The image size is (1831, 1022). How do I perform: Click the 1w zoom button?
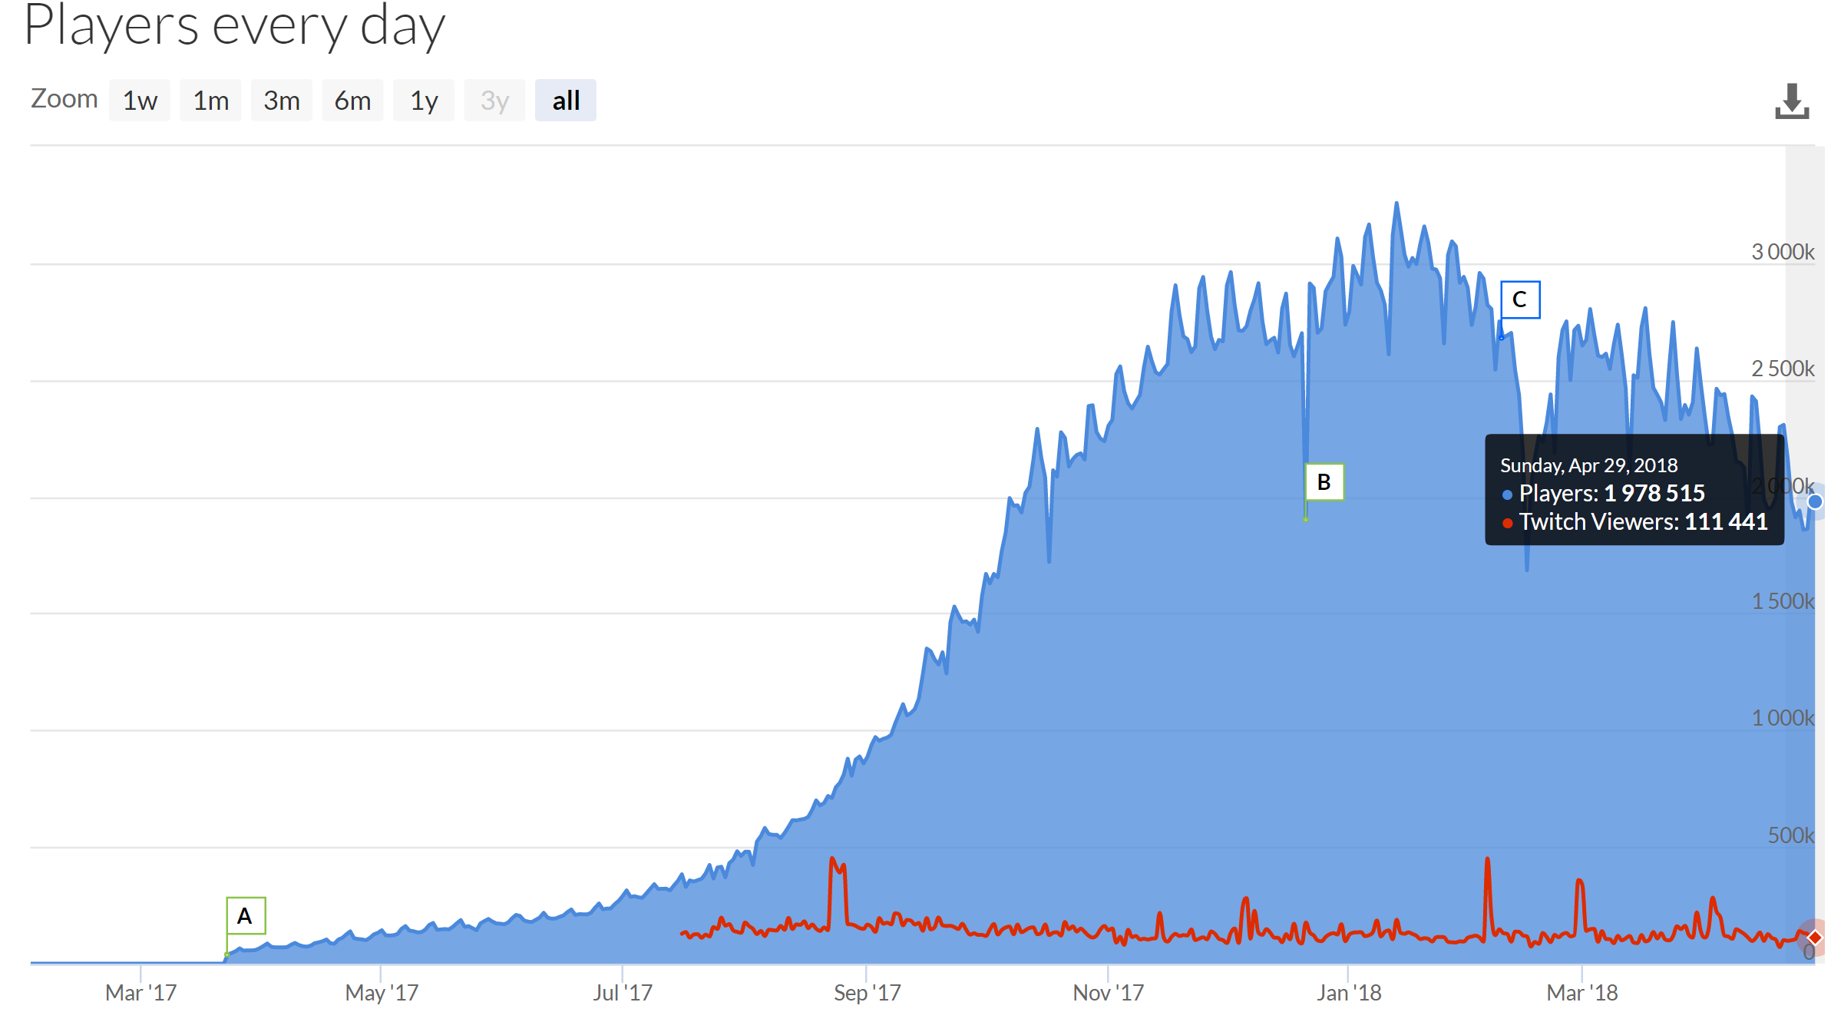tap(140, 101)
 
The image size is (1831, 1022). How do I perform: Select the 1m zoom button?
tap(210, 101)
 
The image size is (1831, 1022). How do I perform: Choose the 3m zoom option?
tap(281, 101)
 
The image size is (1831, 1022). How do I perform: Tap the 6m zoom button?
tap(352, 101)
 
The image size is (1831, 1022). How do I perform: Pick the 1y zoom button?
tap(424, 101)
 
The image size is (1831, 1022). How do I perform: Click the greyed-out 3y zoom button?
tap(494, 101)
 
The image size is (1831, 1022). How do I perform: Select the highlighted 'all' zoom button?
tap(566, 101)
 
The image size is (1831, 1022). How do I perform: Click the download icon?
tap(1791, 101)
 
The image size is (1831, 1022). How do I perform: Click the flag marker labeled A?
tap(246, 915)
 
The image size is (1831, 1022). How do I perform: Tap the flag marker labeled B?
tap(1324, 482)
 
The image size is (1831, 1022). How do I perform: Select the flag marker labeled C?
tap(1519, 299)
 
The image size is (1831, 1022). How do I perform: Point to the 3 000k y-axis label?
tap(1783, 252)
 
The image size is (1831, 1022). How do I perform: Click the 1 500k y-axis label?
tap(1783, 601)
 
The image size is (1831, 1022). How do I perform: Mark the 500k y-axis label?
tap(1790, 835)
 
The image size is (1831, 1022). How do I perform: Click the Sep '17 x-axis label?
tap(867, 993)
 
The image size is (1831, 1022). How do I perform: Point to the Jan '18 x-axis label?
tap(1349, 993)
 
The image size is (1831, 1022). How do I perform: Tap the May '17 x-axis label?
tap(382, 993)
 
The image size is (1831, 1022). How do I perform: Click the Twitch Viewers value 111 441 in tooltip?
tap(1726, 522)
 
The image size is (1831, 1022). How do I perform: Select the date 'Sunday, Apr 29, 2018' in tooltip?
tap(1588, 465)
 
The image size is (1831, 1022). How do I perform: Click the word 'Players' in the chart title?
tap(111, 26)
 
